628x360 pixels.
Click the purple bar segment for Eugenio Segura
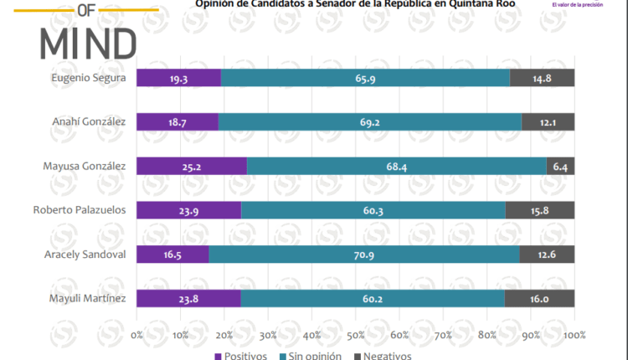(x=178, y=78)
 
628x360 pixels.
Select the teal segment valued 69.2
(x=369, y=122)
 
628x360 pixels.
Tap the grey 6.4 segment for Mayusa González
(x=560, y=166)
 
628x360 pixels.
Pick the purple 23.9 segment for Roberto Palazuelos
(x=188, y=210)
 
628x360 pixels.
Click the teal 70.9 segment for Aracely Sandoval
(x=364, y=254)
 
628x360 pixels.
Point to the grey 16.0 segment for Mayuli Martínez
(x=539, y=297)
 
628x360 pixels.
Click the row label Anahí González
(x=89, y=122)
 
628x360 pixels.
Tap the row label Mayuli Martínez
(x=88, y=297)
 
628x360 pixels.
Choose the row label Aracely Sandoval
(x=85, y=254)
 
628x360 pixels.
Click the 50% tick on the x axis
(x=356, y=335)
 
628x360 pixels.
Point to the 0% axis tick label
(x=137, y=335)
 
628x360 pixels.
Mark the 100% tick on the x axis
(x=574, y=335)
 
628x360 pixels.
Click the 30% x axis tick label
(x=268, y=335)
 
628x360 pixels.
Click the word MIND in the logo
(x=89, y=41)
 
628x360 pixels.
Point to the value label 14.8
(x=542, y=78)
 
